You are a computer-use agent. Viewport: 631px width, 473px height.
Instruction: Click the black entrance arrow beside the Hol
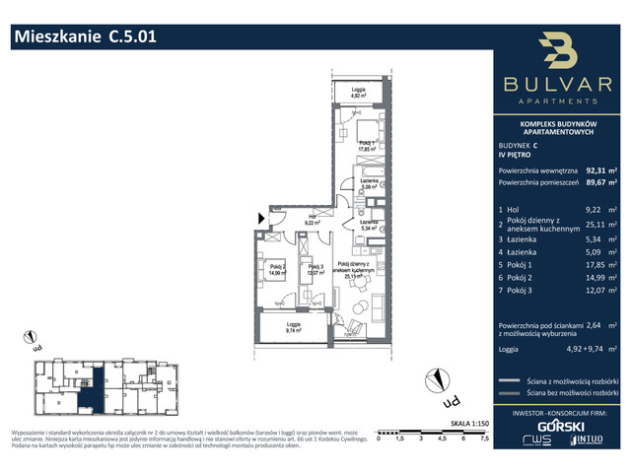[260, 218]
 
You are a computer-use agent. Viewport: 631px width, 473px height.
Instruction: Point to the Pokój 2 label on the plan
[279, 268]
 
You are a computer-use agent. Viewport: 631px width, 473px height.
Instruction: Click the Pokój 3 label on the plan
[315, 268]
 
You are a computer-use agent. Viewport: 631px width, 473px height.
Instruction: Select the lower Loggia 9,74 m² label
[293, 328]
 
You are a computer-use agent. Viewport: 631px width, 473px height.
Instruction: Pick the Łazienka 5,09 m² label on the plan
[369, 183]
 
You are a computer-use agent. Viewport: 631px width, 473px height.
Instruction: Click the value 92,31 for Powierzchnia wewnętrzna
[597, 169]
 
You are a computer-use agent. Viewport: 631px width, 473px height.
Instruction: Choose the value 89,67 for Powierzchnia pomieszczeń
[597, 182]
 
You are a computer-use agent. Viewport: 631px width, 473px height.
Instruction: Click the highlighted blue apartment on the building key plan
[90, 391]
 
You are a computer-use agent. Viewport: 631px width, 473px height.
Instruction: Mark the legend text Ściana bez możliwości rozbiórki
[575, 391]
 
